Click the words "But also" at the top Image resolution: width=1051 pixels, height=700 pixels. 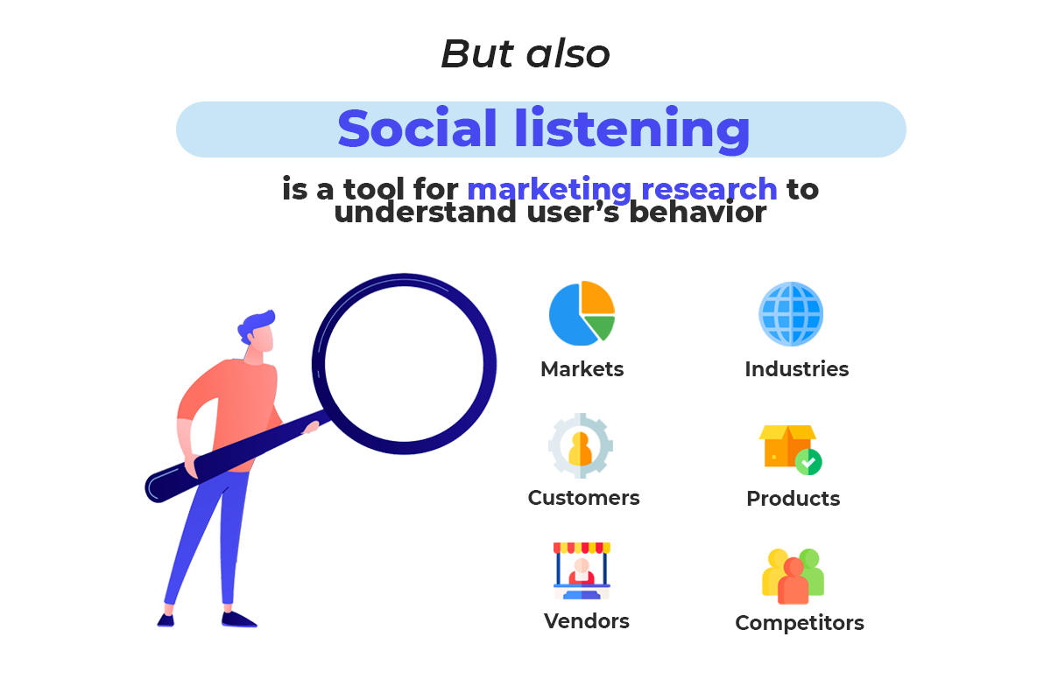coord(525,53)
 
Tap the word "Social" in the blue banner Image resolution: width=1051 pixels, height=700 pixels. coord(417,129)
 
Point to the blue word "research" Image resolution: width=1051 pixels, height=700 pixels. coord(709,189)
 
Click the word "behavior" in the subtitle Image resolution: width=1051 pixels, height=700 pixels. coord(697,212)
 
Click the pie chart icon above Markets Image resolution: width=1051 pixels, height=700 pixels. coord(582,313)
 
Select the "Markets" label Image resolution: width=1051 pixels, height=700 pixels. coord(582,369)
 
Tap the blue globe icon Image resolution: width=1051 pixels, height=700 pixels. coord(791,313)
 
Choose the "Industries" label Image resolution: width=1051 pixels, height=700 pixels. coord(797,369)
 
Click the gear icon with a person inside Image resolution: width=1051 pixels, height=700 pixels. coord(581,445)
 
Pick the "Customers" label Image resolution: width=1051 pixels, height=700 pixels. coord(583,498)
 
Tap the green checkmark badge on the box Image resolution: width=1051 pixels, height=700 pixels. coord(808,462)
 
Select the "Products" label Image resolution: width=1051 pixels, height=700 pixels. coord(793,499)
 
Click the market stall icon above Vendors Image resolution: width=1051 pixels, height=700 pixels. coord(582,570)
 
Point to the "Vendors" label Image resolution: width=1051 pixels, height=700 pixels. coord(587,621)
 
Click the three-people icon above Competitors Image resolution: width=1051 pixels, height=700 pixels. coord(793,577)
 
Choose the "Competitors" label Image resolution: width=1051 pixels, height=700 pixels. coord(800,623)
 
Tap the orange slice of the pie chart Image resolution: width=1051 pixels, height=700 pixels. coord(596,298)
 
